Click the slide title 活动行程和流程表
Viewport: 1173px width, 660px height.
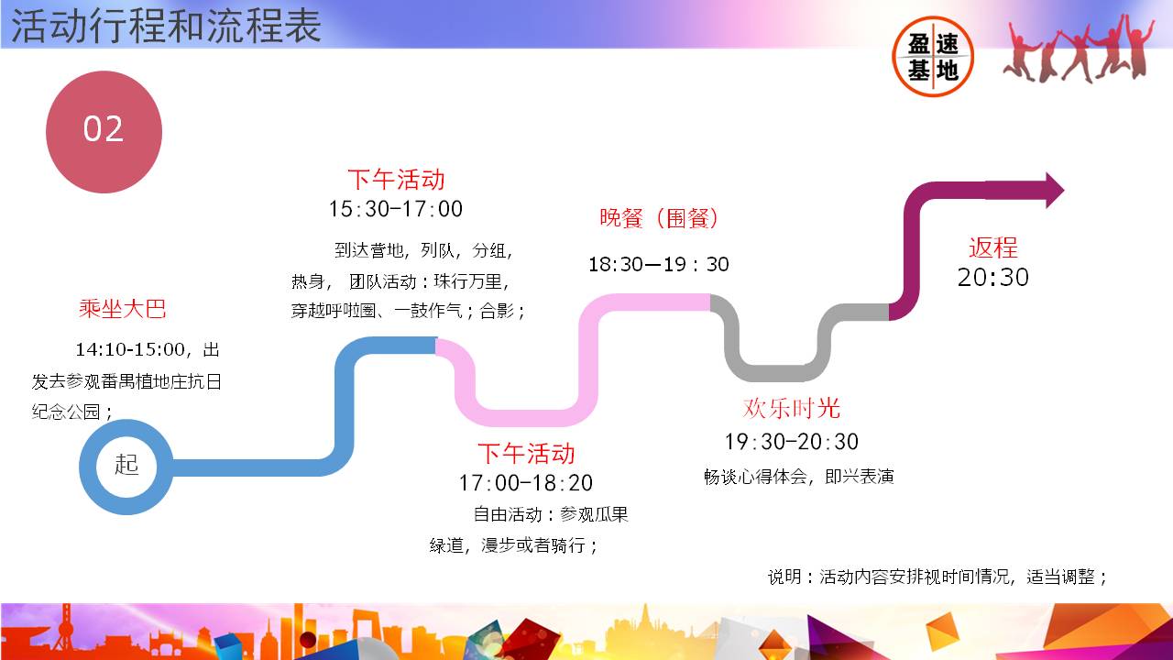pos(166,27)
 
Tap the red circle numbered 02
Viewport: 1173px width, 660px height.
pos(104,131)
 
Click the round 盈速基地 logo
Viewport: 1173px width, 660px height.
pos(933,57)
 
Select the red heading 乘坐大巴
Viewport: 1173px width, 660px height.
pos(123,309)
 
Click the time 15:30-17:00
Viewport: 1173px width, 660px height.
pos(395,209)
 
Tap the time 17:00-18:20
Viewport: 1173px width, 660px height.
pos(526,483)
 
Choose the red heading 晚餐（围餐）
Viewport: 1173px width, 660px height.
pos(659,218)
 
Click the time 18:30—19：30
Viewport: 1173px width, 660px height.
pos(659,264)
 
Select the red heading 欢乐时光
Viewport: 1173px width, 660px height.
pos(791,408)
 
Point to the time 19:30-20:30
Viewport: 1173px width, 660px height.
pos(791,442)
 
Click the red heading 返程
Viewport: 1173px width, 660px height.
pos(992,247)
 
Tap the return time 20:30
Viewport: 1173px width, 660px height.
pos(992,277)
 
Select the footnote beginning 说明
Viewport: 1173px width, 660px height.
pos(937,577)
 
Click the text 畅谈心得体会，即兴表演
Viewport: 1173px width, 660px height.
pos(799,476)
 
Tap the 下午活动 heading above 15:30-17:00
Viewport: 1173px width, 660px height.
pos(396,179)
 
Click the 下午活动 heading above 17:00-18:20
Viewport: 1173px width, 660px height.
pos(526,453)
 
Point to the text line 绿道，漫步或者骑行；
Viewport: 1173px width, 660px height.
pos(513,545)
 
